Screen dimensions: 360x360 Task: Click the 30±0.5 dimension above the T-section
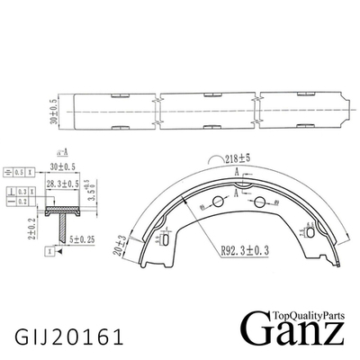click(65, 166)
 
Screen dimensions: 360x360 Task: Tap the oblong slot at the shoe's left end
click(165, 241)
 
